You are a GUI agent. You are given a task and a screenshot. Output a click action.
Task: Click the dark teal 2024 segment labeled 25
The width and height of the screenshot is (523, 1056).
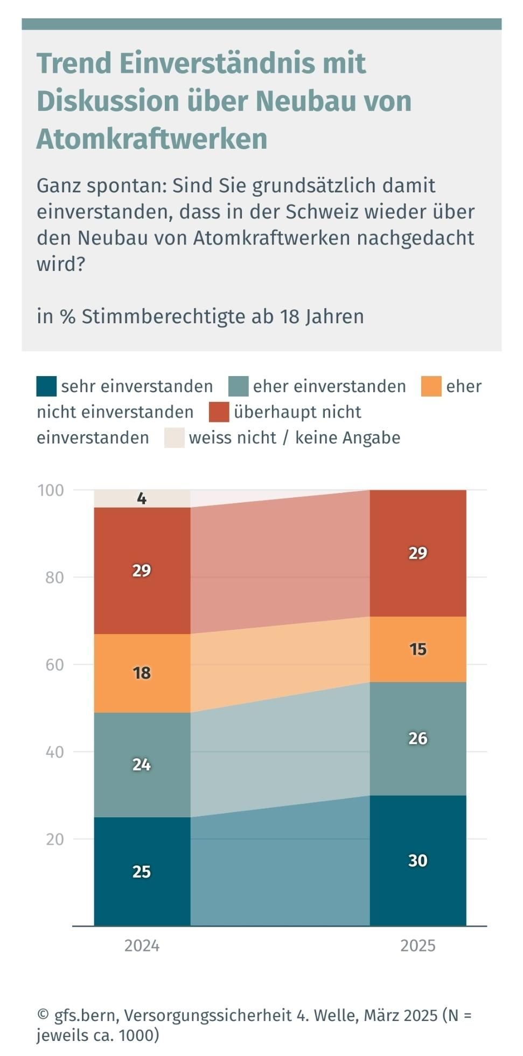click(142, 871)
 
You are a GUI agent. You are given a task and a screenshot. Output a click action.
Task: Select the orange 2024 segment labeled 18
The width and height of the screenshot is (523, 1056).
click(142, 673)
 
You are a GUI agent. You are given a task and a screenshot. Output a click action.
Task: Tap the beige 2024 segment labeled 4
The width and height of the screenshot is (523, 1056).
click(142, 498)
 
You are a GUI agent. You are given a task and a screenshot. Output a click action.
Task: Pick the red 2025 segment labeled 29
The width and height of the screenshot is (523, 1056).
click(417, 553)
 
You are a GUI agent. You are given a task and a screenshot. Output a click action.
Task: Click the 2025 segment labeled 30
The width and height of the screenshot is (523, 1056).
click(417, 860)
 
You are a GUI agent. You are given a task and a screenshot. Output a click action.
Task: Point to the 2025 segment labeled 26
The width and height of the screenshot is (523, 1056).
click(417, 738)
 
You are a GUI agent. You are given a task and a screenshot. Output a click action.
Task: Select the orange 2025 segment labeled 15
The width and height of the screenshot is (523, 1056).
click(417, 649)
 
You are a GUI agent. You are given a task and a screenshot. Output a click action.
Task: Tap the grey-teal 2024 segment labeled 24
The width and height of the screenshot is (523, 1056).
click(142, 765)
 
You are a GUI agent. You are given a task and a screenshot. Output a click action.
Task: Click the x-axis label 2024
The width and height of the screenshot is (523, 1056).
click(142, 946)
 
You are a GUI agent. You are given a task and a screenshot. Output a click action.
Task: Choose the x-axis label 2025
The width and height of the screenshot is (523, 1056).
click(417, 946)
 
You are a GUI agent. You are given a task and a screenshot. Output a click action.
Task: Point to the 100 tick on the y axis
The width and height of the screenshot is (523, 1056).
click(51, 490)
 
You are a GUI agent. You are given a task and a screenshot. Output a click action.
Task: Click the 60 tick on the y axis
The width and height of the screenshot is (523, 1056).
click(54, 665)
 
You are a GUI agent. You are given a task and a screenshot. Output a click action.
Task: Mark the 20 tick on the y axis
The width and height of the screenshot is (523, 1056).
click(54, 839)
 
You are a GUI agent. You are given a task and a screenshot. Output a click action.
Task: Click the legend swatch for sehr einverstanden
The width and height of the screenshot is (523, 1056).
click(46, 386)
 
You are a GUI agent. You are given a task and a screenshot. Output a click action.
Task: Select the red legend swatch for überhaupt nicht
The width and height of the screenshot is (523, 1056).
click(219, 412)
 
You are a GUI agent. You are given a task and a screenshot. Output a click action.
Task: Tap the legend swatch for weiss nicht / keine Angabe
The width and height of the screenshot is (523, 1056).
click(174, 437)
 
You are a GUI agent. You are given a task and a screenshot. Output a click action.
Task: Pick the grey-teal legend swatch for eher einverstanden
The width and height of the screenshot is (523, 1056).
click(238, 386)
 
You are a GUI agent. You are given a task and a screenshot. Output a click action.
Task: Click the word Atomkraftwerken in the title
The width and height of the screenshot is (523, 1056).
click(152, 139)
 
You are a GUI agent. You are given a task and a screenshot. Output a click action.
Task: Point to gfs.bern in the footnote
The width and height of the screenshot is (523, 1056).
click(85, 1016)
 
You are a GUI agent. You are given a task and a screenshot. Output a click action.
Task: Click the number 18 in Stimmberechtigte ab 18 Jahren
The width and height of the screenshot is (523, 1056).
click(289, 316)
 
